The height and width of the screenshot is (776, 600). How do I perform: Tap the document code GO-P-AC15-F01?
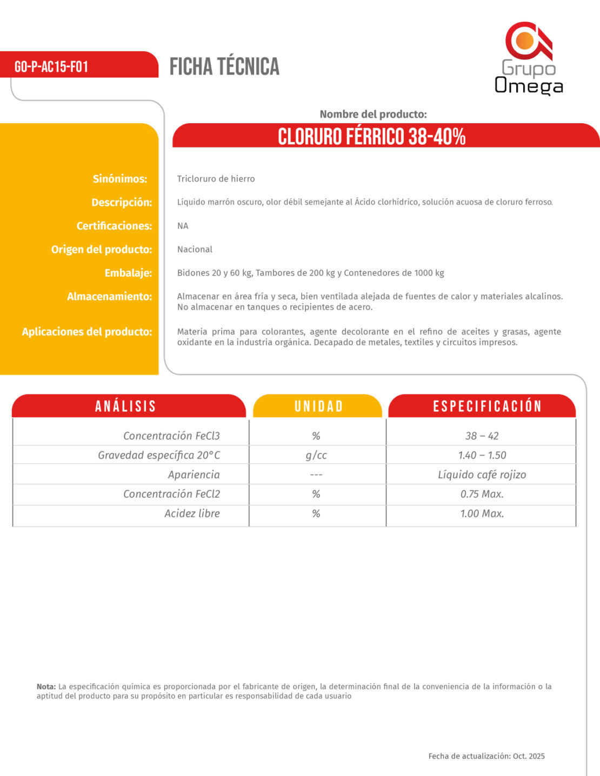(x=51, y=66)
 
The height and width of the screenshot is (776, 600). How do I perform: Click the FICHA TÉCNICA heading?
(x=224, y=66)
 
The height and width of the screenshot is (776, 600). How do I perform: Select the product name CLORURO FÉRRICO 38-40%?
(x=372, y=136)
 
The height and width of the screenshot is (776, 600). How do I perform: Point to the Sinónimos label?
(x=119, y=179)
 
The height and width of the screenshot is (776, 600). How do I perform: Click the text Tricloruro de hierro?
(x=216, y=179)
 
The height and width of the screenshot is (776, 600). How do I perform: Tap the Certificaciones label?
(x=114, y=226)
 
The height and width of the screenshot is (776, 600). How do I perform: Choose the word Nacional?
(x=195, y=249)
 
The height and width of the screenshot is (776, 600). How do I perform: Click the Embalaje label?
(x=128, y=273)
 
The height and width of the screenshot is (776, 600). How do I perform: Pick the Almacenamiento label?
(x=109, y=296)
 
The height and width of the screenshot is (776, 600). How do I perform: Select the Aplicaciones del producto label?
(x=86, y=332)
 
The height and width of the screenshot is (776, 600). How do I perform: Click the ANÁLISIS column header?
(x=126, y=406)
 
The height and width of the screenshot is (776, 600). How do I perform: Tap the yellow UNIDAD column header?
(x=318, y=406)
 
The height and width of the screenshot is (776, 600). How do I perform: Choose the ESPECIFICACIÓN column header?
(x=487, y=406)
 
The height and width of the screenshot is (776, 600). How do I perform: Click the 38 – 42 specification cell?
(x=482, y=436)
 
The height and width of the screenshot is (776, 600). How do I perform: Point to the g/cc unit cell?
(x=316, y=455)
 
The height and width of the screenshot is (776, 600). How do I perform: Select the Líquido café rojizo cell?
(x=482, y=474)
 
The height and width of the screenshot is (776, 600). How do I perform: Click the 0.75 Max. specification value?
(x=482, y=494)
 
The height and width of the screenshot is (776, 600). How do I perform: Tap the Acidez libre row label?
(x=192, y=513)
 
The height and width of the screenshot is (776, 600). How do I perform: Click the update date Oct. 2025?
(x=529, y=756)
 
